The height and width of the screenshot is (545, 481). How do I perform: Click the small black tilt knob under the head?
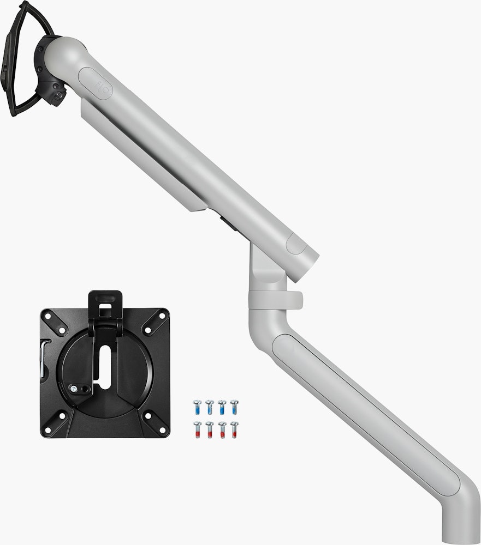tap(57, 95)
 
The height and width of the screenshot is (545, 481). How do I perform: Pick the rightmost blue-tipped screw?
tap(234, 407)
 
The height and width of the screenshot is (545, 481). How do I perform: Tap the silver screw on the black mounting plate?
tap(73, 389)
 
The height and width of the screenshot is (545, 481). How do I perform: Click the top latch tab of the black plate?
tap(105, 299)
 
